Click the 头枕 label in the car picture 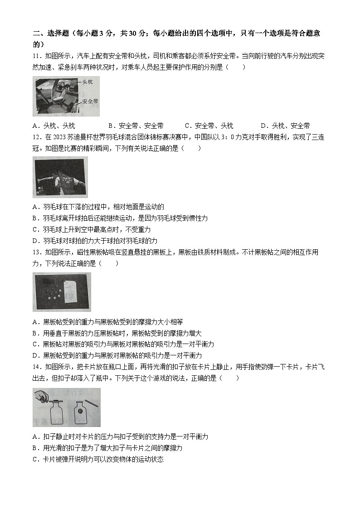tap(88, 82)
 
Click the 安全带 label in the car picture tap(90, 102)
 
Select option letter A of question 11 tap(35, 126)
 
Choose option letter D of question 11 tap(263, 126)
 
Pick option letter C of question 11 tap(188, 126)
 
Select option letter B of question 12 tap(35, 218)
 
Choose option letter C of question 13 tap(35, 344)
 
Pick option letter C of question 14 tap(35, 459)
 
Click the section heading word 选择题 tap(54, 34)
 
